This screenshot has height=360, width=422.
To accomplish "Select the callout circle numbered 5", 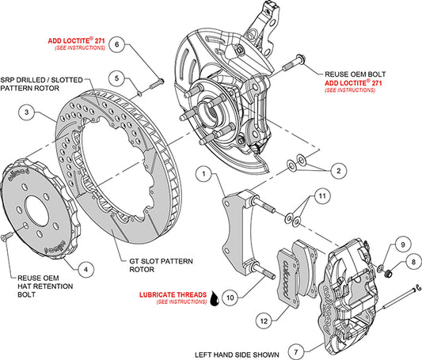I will coord(116,78).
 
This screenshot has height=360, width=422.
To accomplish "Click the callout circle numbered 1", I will coord(203,172).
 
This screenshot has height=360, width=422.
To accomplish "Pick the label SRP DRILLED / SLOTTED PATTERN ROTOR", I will coord(45,84).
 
